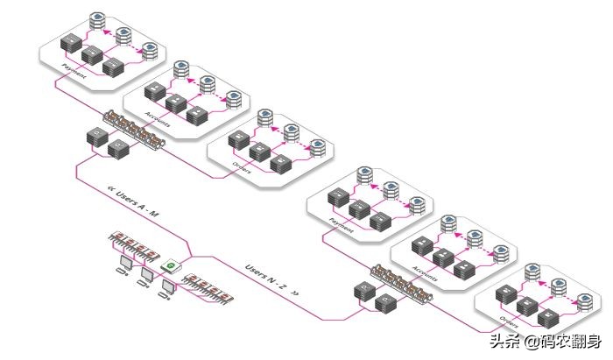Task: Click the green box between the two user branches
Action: (x=172, y=265)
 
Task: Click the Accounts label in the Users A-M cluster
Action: (x=158, y=121)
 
